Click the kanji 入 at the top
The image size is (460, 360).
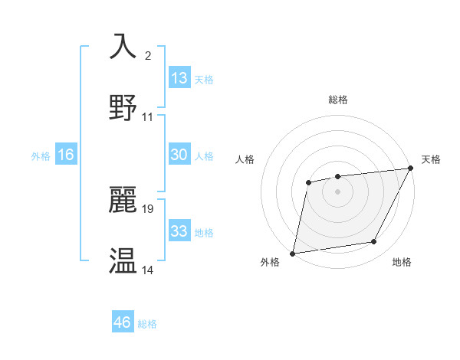123,47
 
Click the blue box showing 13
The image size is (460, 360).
179,78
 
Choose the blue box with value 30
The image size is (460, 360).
179,155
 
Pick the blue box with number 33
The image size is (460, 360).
179,231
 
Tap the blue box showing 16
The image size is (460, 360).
66,155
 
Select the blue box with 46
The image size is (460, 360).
123,322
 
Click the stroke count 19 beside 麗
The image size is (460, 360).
148,208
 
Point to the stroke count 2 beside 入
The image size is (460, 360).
147,55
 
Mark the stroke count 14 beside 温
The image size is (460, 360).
148,270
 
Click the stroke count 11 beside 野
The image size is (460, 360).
148,116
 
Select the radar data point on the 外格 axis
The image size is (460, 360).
293,253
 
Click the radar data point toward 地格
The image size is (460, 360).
374,242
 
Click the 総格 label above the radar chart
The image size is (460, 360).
338,100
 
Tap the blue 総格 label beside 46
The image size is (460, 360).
147,324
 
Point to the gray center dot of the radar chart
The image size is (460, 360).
337,191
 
